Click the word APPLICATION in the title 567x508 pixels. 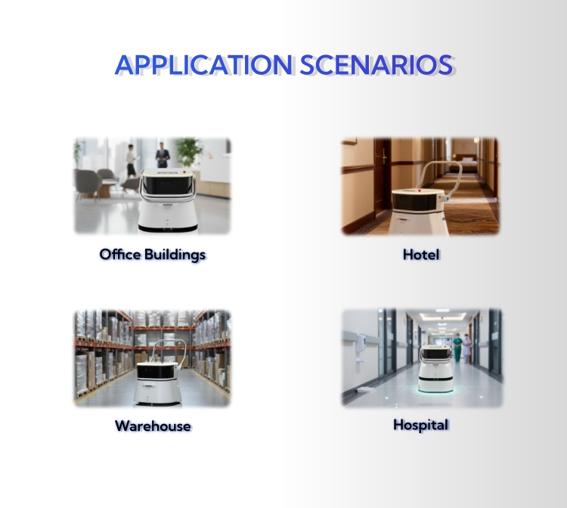click(203, 65)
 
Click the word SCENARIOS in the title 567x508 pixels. click(376, 65)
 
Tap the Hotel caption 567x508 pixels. click(421, 255)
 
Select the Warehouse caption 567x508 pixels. click(153, 426)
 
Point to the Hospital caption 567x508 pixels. click(421, 425)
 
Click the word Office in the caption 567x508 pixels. click(120, 254)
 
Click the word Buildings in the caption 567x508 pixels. click(175, 255)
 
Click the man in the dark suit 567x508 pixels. click(163, 155)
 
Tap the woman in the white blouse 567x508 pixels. click(131, 161)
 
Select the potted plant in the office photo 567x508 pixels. click(189, 152)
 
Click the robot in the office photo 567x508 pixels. click(168, 200)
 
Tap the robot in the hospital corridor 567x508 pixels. click(436, 369)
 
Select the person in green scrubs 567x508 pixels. click(457, 348)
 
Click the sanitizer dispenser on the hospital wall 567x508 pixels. click(361, 343)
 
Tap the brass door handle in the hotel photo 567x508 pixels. click(384, 158)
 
